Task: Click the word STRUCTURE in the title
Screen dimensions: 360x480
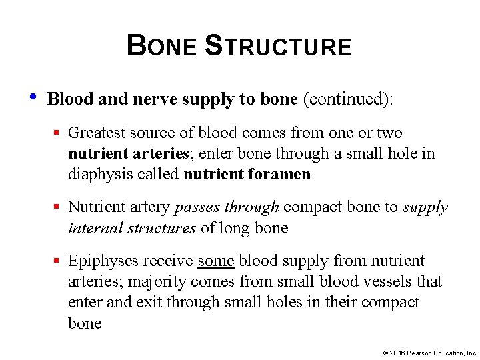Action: click(278, 47)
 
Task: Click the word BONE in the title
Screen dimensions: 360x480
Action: click(162, 47)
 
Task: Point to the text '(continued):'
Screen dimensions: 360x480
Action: click(348, 99)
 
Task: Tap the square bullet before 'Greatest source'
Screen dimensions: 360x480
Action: click(59, 133)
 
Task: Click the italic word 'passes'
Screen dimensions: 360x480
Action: click(197, 208)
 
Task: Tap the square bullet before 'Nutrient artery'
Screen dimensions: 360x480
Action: click(59, 207)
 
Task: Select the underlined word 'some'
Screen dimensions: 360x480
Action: click(216, 261)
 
